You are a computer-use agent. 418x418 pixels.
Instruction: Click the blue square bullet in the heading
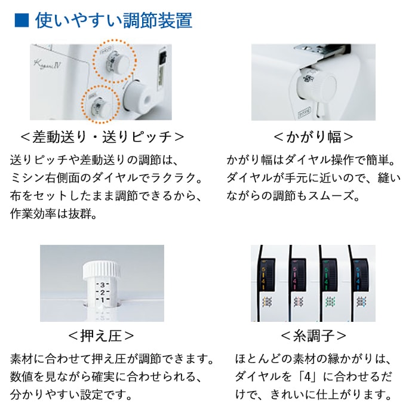pos(21,20)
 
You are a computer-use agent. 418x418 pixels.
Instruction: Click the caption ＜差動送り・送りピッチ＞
pos(102,137)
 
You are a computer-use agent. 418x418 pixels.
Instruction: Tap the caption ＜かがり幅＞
pos(314,137)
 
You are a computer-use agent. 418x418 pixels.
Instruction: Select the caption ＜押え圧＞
pos(101,336)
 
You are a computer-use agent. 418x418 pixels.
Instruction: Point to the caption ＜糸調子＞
pos(314,336)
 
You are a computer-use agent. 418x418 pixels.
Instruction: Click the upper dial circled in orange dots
pos(118,63)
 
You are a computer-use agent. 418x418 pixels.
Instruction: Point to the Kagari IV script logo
pos(47,64)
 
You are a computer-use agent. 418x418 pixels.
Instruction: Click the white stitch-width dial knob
pos(316,87)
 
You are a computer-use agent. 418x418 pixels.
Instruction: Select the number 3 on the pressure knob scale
pos(102,285)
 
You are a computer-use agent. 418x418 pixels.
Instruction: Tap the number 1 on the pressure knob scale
pos(102,300)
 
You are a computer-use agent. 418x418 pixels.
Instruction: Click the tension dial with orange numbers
pos(266,275)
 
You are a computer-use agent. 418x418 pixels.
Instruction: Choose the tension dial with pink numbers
pos(297,275)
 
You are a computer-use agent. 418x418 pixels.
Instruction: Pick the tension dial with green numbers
pos(329,275)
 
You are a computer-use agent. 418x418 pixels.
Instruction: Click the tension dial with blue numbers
pos(361,275)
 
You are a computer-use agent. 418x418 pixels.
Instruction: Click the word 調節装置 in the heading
pos(158,20)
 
